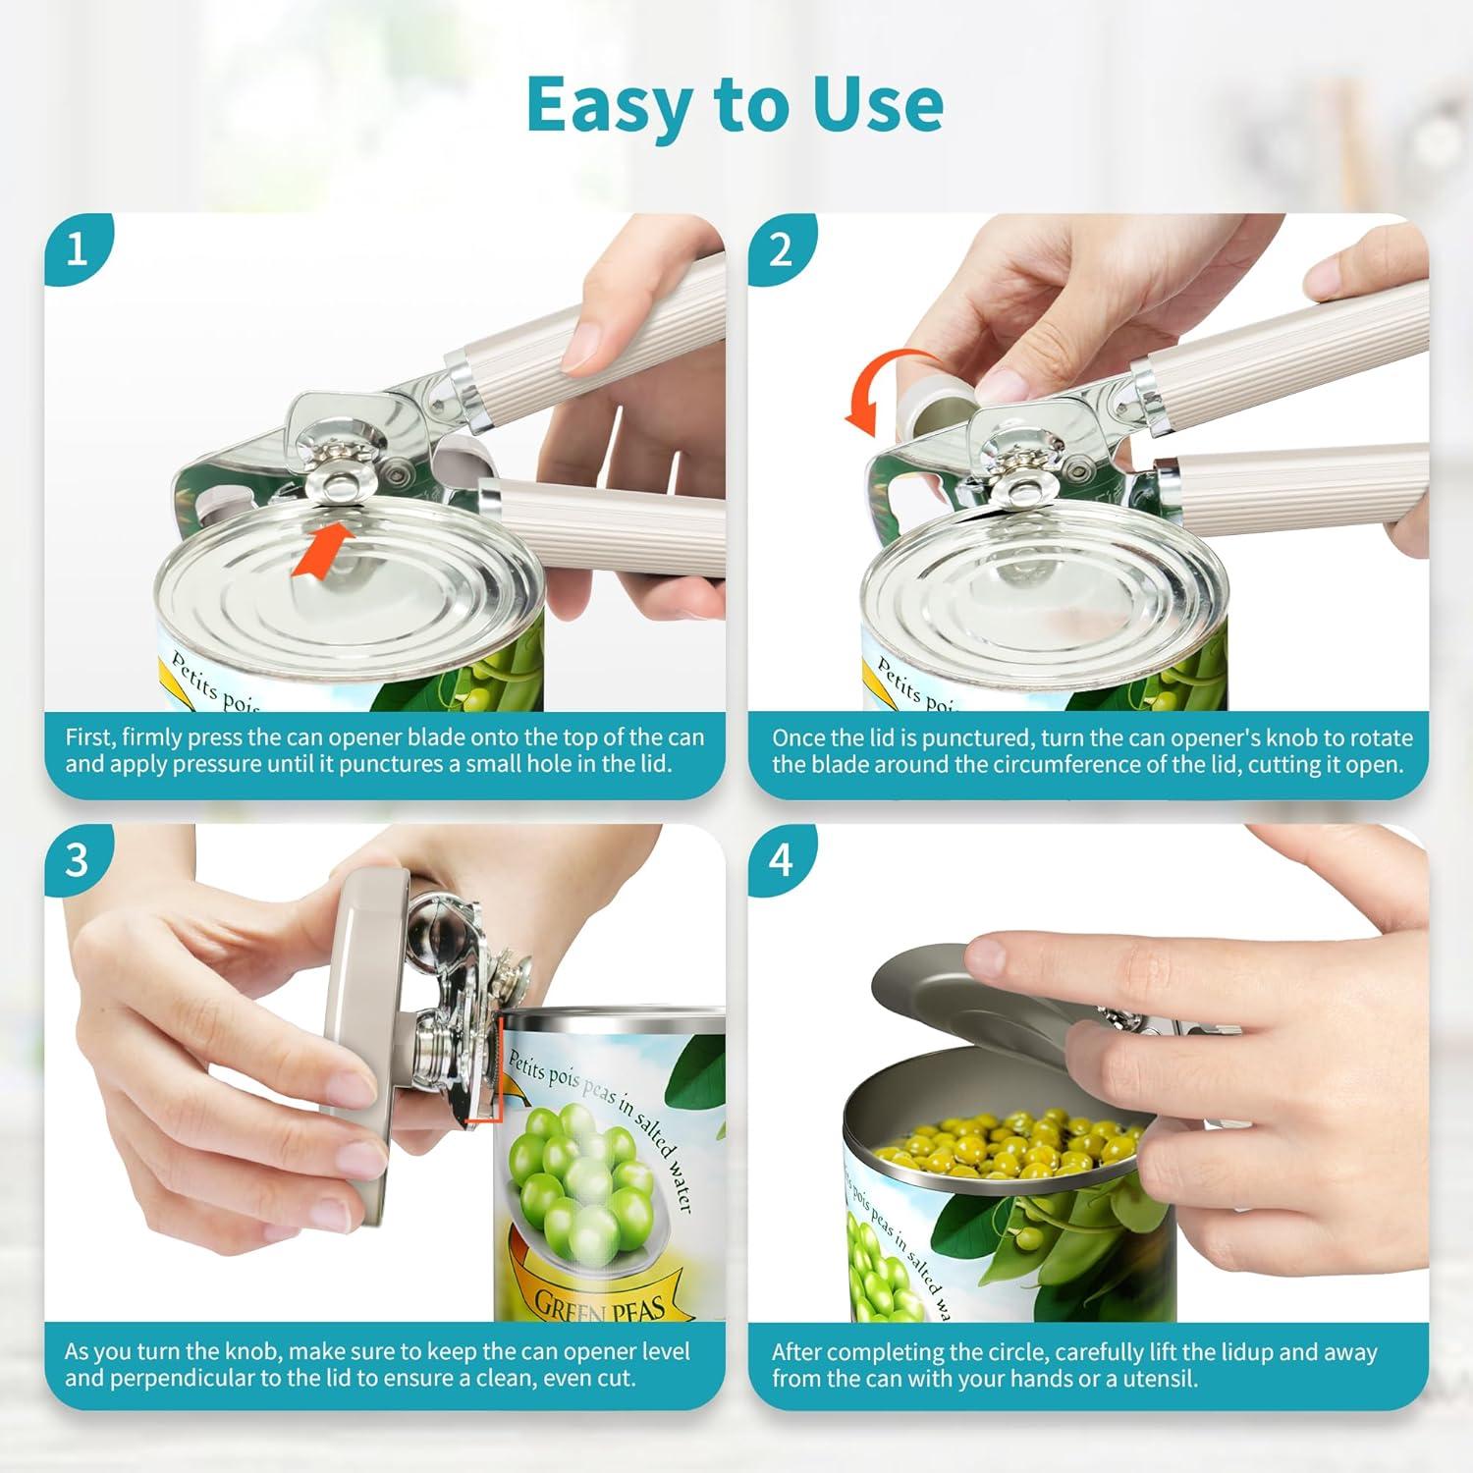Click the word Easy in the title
coord(610,104)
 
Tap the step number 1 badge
coord(78,250)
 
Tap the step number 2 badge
coord(781,250)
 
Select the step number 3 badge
coord(78,861)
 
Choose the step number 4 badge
coord(781,861)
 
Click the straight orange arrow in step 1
coord(323,549)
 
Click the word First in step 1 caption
coord(90,737)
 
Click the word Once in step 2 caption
coord(799,737)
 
